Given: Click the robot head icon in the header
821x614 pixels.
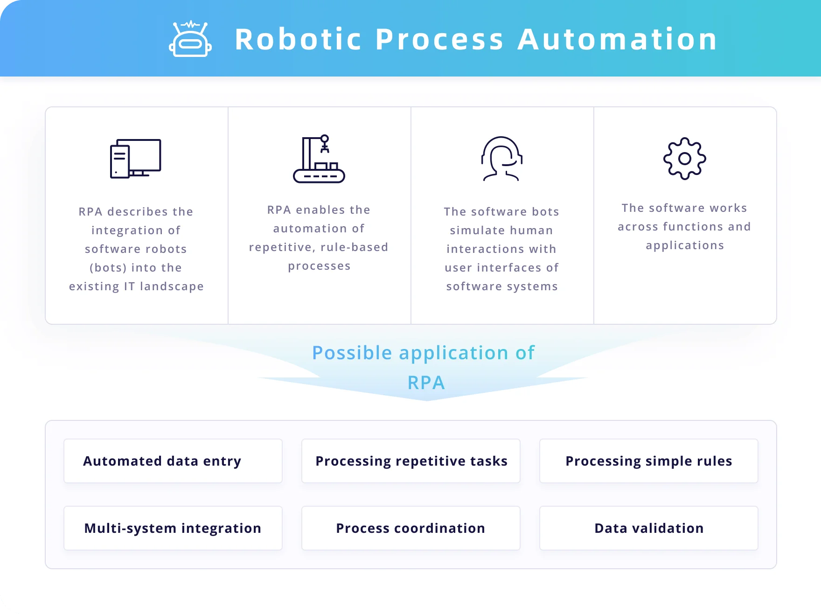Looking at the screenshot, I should coord(190,40).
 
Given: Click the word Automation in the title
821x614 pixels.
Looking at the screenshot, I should coord(617,39).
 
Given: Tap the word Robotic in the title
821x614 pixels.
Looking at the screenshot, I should coord(299,39).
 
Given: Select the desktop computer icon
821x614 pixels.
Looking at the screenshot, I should coord(135,159).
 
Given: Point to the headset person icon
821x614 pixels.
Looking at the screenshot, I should coord(501,159).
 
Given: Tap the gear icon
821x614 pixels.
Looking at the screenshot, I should coord(684,159).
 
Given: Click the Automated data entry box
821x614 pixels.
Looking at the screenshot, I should coord(173,461).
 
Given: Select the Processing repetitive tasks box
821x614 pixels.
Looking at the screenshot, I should coord(411,461).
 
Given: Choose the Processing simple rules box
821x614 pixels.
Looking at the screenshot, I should coord(649,461).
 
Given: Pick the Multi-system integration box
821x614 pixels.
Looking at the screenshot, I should coord(173,528).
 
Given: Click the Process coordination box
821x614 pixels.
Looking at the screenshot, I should coord(411,528).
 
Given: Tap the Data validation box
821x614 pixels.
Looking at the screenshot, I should coord(649,528).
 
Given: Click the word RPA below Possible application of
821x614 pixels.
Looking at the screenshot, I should coord(426,383).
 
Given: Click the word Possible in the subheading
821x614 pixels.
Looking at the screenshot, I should coord(352,353).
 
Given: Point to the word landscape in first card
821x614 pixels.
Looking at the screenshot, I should coord(172,286).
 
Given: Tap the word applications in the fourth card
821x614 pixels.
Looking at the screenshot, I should coord(684,245).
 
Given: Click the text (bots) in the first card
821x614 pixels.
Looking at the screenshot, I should coord(108,268).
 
